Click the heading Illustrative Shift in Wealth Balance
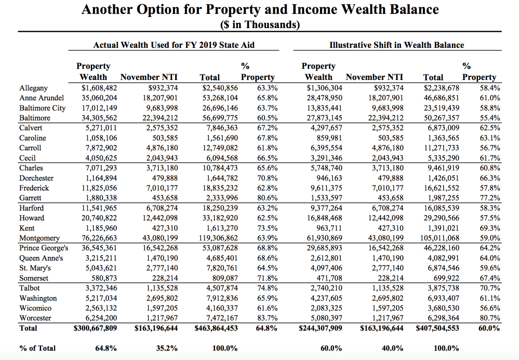[x=397, y=45]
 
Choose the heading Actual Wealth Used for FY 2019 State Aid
[x=174, y=45]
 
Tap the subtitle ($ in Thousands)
[x=259, y=25]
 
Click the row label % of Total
[x=38, y=348]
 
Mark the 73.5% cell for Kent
[x=267, y=228]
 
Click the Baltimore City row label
[x=42, y=108]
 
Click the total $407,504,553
[x=437, y=328]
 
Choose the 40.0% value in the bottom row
[x=391, y=348]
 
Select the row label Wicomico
[x=35, y=308]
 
